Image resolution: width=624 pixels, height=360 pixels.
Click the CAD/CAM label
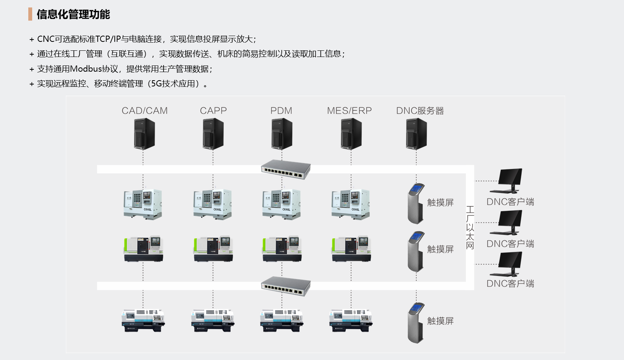coord(145,111)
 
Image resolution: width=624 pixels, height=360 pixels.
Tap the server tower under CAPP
coord(213,134)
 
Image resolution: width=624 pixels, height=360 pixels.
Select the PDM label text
coord(281,111)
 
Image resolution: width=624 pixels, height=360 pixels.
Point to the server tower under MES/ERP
coord(351,134)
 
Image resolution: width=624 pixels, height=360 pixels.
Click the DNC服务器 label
coord(420,111)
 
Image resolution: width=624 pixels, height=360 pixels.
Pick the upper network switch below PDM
coord(286,169)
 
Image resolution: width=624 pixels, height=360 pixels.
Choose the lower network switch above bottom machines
coord(286,286)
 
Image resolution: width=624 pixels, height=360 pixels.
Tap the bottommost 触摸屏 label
coord(440,321)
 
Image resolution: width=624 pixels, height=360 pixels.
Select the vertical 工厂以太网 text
coord(470,227)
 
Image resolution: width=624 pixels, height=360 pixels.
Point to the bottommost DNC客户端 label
coord(510,284)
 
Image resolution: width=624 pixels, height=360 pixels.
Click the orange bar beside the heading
coord(30,14)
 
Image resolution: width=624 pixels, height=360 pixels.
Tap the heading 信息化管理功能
coord(73,14)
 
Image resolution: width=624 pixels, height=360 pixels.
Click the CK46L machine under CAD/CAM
coord(143,204)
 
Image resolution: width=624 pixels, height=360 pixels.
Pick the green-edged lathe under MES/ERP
coord(351,249)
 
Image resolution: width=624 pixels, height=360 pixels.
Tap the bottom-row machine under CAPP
coord(213,320)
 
